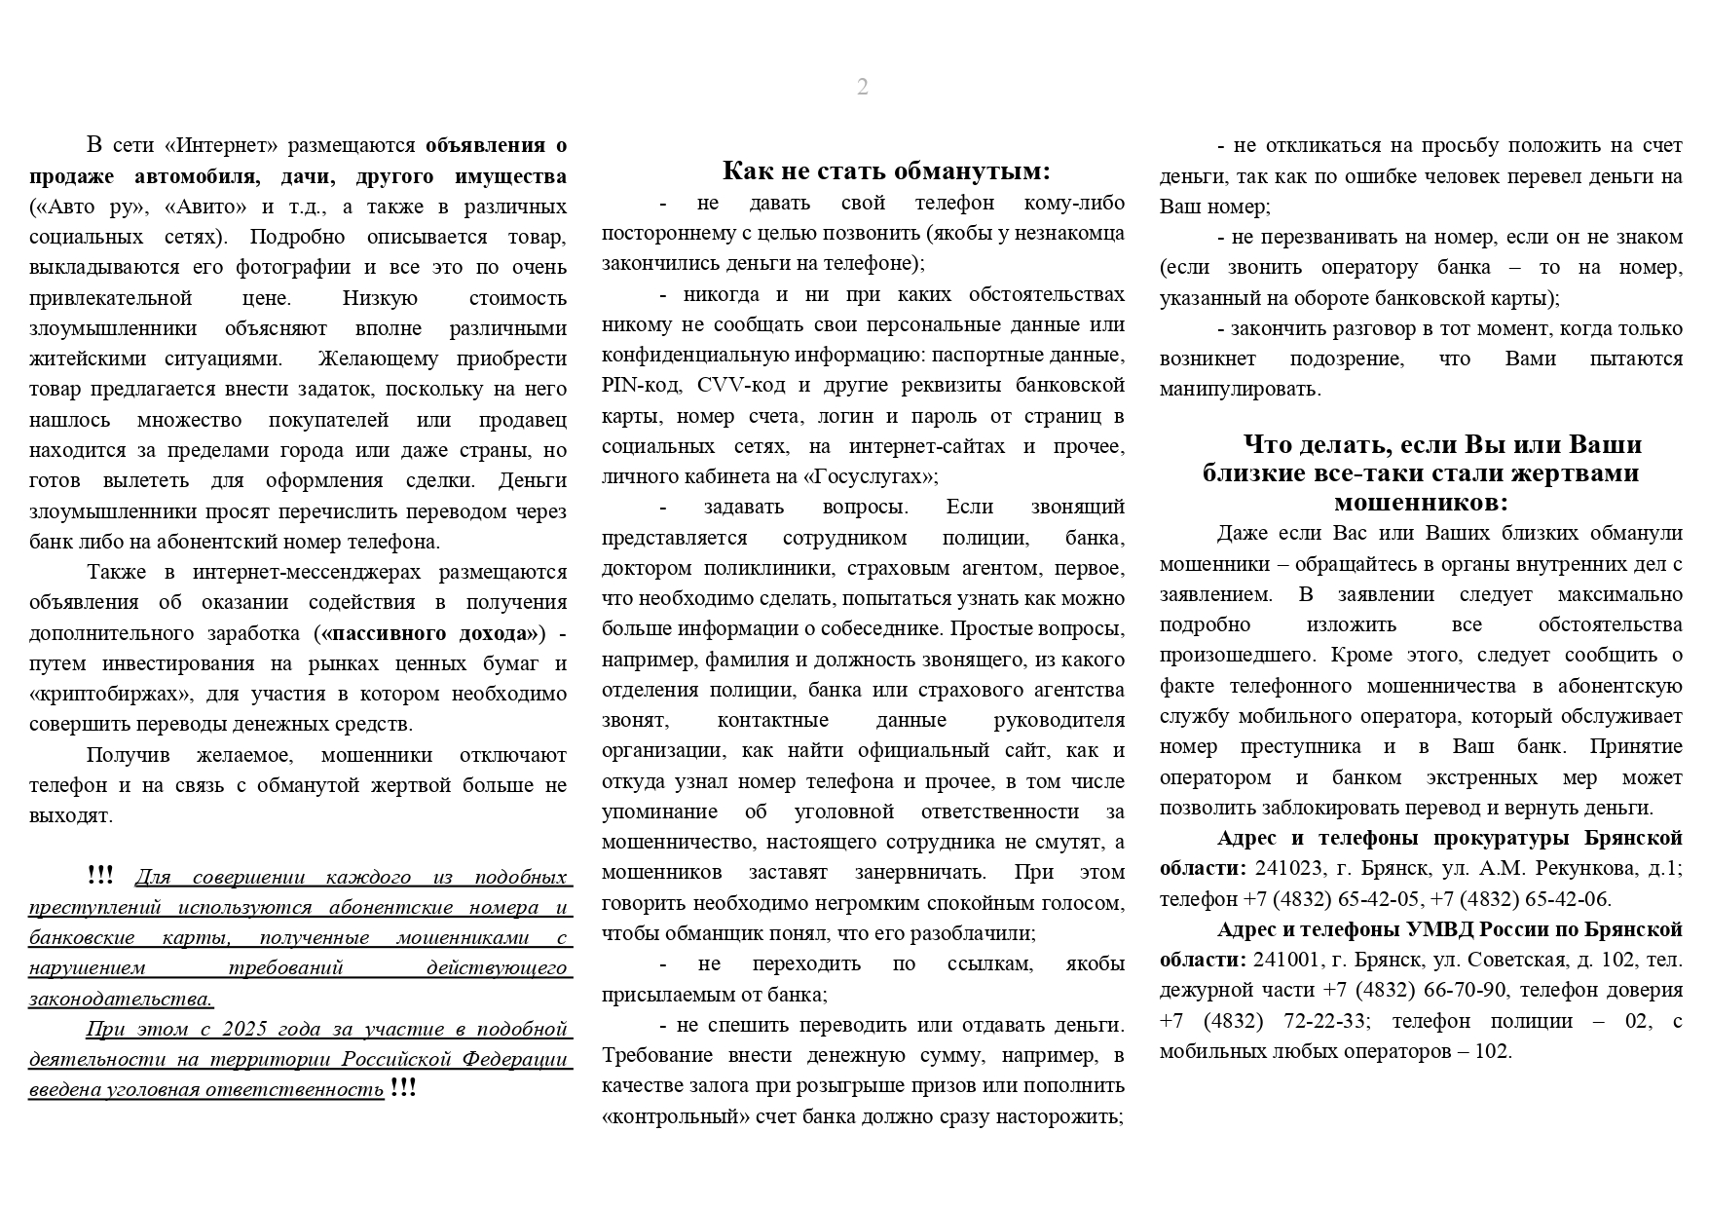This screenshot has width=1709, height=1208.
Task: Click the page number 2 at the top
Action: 862,88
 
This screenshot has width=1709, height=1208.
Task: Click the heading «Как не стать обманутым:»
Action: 886,171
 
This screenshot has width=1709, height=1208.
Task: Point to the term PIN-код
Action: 641,385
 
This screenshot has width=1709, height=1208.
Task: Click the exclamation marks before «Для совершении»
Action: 99,876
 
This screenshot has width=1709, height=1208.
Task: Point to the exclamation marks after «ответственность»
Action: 402,1089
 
